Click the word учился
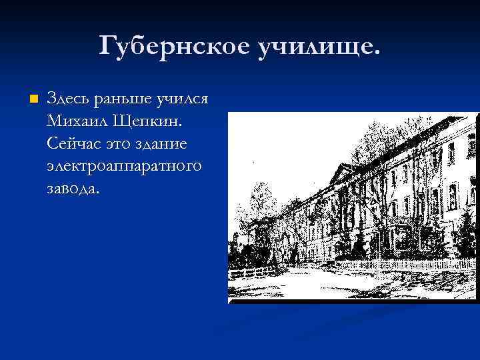point(182,99)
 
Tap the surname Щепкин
point(152,122)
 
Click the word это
point(119,144)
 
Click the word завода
point(73,188)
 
